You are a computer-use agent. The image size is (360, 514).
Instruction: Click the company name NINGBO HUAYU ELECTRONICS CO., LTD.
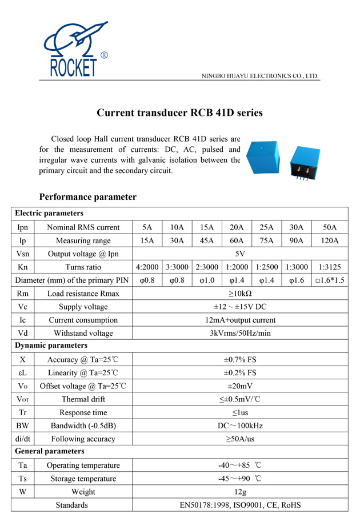261,76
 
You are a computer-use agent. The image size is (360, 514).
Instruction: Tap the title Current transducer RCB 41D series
179,113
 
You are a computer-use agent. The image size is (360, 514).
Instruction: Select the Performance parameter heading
87,197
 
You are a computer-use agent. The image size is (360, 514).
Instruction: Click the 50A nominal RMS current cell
330,227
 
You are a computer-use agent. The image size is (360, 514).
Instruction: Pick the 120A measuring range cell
330,240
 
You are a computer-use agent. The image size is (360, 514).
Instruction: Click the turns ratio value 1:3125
330,267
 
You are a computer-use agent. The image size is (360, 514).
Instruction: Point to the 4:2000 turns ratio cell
147,267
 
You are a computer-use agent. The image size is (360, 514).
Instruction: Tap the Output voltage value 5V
240,254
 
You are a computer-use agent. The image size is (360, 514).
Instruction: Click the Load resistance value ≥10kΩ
240,294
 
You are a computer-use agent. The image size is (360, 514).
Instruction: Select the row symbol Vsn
22,254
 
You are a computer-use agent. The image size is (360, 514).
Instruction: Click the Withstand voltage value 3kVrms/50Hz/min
240,333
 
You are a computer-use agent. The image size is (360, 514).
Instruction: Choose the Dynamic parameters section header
51,346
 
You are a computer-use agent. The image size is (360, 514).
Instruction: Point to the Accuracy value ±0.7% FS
240,360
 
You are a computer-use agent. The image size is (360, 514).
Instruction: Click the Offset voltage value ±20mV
240,386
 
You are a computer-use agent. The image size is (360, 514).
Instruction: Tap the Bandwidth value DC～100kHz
240,426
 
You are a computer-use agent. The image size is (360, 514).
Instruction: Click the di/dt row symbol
22,439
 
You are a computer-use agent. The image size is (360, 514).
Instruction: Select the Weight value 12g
240,492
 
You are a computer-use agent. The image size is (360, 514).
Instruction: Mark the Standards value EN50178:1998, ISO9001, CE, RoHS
240,505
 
